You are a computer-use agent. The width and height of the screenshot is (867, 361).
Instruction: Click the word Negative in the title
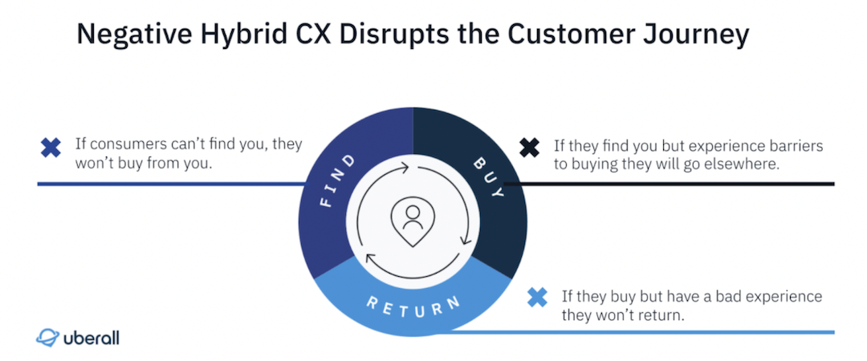(x=130, y=34)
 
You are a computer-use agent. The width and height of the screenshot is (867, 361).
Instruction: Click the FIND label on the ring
(x=338, y=181)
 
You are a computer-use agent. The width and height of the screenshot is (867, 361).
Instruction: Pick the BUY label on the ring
(x=489, y=176)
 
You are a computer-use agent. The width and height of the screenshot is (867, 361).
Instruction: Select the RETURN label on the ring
(x=413, y=306)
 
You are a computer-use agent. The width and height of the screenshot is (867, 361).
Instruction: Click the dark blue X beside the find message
(x=51, y=148)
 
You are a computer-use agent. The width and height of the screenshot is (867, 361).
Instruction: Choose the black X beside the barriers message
(x=529, y=148)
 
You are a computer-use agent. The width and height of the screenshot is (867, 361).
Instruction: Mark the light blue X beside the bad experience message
(x=537, y=298)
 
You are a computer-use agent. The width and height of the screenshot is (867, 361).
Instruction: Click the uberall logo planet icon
(x=47, y=338)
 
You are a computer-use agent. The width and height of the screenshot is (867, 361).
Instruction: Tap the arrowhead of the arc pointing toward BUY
(x=405, y=168)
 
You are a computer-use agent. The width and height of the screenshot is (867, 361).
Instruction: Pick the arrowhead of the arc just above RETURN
(x=369, y=259)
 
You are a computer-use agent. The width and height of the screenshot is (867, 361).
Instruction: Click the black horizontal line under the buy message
(x=669, y=183)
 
